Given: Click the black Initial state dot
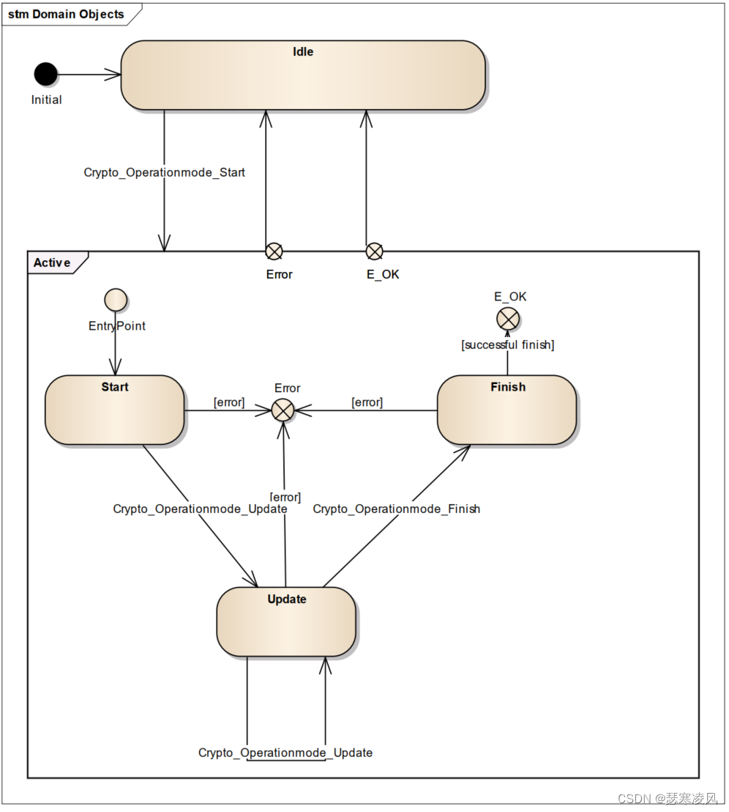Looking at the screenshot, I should click(x=45, y=74).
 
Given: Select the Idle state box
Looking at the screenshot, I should click(x=303, y=75).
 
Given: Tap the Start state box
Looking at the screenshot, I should click(x=114, y=410).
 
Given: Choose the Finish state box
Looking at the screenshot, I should click(x=506, y=410).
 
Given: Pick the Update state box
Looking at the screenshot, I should click(x=286, y=621).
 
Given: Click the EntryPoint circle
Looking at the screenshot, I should click(x=116, y=299).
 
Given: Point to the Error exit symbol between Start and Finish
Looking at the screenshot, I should click(x=283, y=410).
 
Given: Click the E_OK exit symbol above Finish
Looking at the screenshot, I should click(x=508, y=319).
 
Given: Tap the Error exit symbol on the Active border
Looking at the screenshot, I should click(x=274, y=251).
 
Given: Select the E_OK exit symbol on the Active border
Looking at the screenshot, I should click(x=374, y=251).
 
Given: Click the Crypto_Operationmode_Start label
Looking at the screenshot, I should click(x=165, y=173).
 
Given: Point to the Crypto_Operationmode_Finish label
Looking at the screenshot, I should click(x=396, y=509).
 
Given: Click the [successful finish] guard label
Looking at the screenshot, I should click(x=507, y=344).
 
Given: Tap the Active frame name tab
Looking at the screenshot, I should click(x=53, y=262).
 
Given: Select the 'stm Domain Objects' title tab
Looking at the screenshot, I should click(x=66, y=15).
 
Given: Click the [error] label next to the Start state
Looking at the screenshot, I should click(x=228, y=402).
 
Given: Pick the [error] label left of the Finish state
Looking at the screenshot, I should click(x=367, y=402).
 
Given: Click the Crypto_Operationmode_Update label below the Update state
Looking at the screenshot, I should click(x=285, y=753).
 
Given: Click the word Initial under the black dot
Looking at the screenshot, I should click(x=46, y=100).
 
